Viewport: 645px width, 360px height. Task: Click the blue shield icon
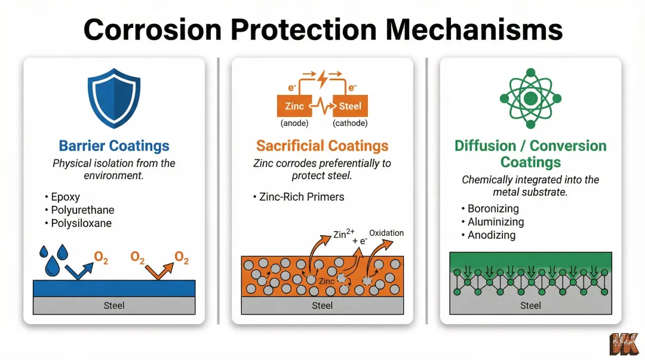[x=113, y=98]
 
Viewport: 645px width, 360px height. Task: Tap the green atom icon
[x=530, y=99]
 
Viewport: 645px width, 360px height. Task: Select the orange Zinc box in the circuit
[x=294, y=106]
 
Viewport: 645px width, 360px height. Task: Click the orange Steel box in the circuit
[x=350, y=106]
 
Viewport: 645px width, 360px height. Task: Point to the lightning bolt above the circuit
[x=322, y=79]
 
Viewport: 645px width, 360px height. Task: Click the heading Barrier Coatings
[x=113, y=146]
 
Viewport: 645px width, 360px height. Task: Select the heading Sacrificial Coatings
[x=322, y=146]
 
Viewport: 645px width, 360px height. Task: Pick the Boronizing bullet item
[x=493, y=209]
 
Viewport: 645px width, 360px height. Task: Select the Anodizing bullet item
[x=491, y=235]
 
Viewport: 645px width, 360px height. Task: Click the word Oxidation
[x=386, y=233]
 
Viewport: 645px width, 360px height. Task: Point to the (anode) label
[x=294, y=124]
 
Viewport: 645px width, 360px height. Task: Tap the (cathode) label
[x=350, y=124]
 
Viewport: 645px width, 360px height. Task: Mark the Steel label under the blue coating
[x=113, y=306]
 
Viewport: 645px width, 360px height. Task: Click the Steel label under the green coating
[x=530, y=306]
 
